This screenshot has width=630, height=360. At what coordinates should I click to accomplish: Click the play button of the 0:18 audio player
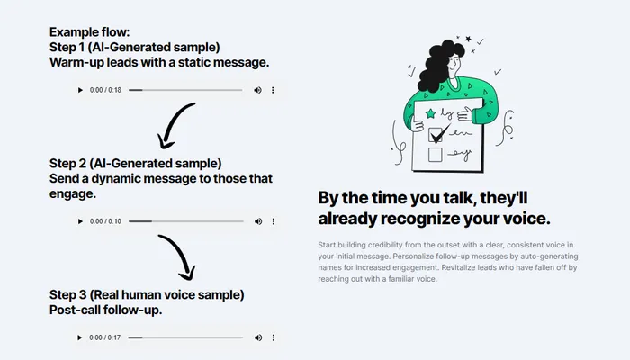(80, 90)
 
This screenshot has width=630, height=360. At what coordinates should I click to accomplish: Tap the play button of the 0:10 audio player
(80, 221)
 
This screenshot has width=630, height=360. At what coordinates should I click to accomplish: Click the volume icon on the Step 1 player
(257, 90)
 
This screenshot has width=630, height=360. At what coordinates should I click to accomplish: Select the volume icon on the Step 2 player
(258, 221)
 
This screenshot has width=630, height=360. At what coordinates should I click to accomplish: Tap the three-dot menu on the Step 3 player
(274, 337)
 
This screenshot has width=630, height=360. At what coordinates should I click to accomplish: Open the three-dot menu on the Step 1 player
(273, 90)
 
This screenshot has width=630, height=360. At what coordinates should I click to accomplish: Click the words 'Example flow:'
(90, 32)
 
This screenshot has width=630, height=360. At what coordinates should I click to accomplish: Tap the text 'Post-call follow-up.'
(105, 310)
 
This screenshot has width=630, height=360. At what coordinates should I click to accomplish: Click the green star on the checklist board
(431, 113)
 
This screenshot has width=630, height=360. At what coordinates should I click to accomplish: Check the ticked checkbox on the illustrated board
(436, 135)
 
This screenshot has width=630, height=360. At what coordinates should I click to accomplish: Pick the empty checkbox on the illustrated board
(435, 155)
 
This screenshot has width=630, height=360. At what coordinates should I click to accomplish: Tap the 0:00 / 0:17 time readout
(105, 337)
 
